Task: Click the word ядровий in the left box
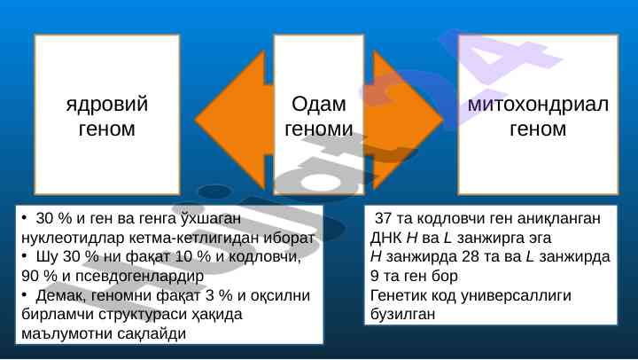click(x=107, y=105)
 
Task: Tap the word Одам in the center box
click(x=319, y=105)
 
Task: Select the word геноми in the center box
click(x=319, y=129)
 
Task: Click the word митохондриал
click(x=538, y=105)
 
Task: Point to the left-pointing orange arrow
click(x=232, y=120)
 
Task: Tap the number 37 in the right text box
click(x=383, y=218)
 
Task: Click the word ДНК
click(x=386, y=238)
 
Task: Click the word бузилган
click(x=403, y=314)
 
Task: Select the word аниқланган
click(x=559, y=218)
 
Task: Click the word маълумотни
click(x=66, y=333)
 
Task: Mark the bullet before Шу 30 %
click(x=25, y=256)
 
